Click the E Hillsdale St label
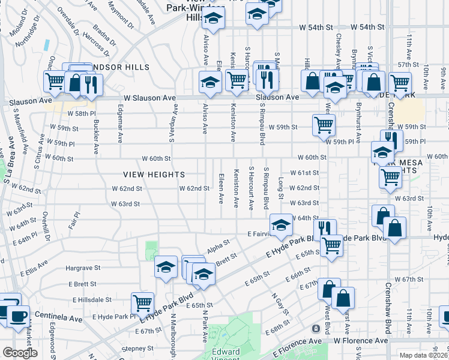point(92,299)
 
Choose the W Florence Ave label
point(361,341)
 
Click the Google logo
point(20,353)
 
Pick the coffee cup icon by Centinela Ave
point(17,315)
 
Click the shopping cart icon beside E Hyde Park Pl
point(142,302)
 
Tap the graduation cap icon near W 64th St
point(280,225)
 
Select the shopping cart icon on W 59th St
point(324,125)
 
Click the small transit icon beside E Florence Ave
point(316,329)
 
